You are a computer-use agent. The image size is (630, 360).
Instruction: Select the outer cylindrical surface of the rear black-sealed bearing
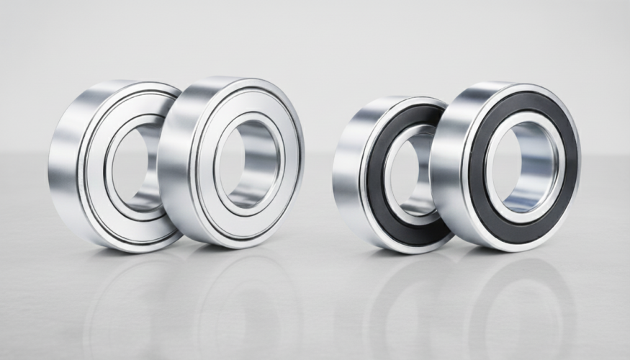click(346, 166)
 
